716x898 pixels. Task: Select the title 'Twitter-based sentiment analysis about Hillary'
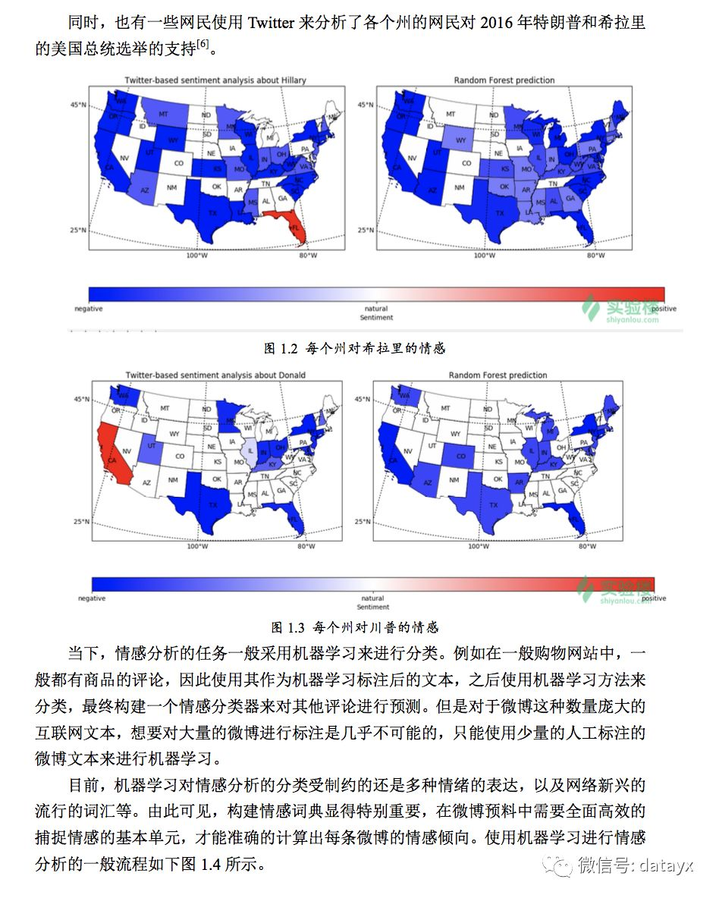point(216,80)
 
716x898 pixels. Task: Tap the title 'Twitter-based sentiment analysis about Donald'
point(215,375)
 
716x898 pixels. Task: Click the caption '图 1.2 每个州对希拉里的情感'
point(354,348)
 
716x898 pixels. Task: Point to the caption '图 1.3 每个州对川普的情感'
point(355,627)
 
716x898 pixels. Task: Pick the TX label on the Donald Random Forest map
point(495,504)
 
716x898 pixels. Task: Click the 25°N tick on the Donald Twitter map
point(83,522)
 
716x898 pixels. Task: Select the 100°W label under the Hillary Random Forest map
point(484,255)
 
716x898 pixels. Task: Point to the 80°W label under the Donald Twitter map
point(306,546)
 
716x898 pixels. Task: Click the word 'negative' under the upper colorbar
point(88,309)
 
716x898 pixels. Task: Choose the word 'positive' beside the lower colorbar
point(654,598)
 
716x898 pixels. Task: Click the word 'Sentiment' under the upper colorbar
point(376,317)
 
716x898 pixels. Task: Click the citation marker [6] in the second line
point(203,46)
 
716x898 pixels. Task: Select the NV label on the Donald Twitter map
point(127,451)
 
